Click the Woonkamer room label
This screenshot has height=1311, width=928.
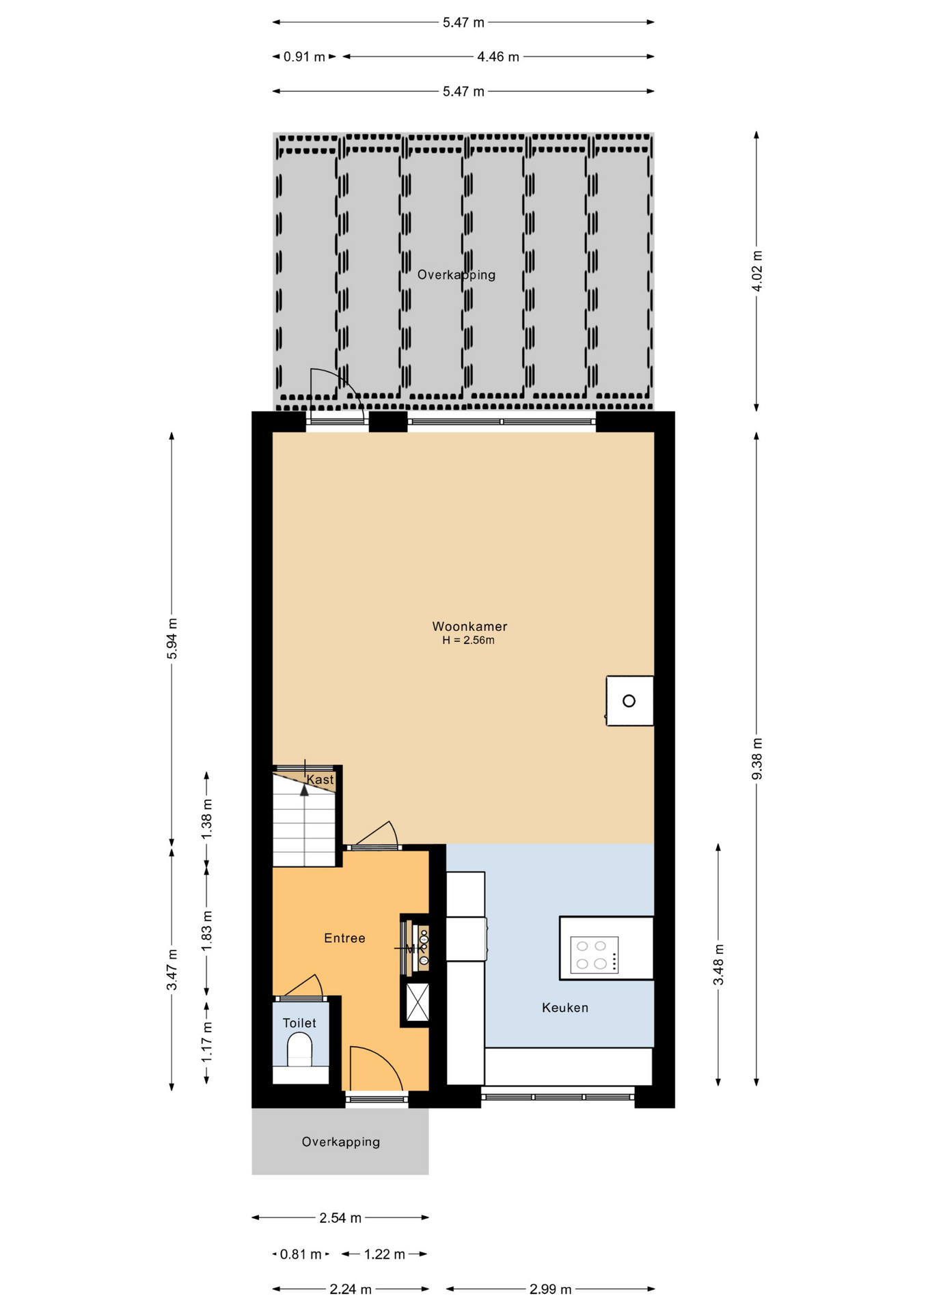[469, 626]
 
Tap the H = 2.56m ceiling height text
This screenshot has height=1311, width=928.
[468, 640]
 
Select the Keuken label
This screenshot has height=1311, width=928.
[565, 1007]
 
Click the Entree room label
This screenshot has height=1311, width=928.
[344, 938]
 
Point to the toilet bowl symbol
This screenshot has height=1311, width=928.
[299, 1049]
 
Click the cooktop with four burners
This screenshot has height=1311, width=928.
[594, 955]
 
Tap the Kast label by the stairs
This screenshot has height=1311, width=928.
[320, 780]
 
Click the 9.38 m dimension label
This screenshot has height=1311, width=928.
[756, 759]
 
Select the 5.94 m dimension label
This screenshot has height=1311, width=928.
[172, 638]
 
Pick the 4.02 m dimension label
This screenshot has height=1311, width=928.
[756, 271]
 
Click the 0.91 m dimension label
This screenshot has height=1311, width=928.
[304, 57]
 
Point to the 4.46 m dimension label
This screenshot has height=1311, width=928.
[498, 57]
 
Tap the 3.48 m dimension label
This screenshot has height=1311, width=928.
[718, 965]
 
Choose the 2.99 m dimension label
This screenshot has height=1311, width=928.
[550, 1289]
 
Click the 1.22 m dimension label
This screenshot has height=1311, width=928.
[384, 1254]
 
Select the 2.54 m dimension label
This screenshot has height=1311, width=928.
[340, 1217]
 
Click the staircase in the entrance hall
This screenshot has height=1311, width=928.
[305, 819]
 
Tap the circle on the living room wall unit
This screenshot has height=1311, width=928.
[629, 701]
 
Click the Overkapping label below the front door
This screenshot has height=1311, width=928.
[341, 1142]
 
